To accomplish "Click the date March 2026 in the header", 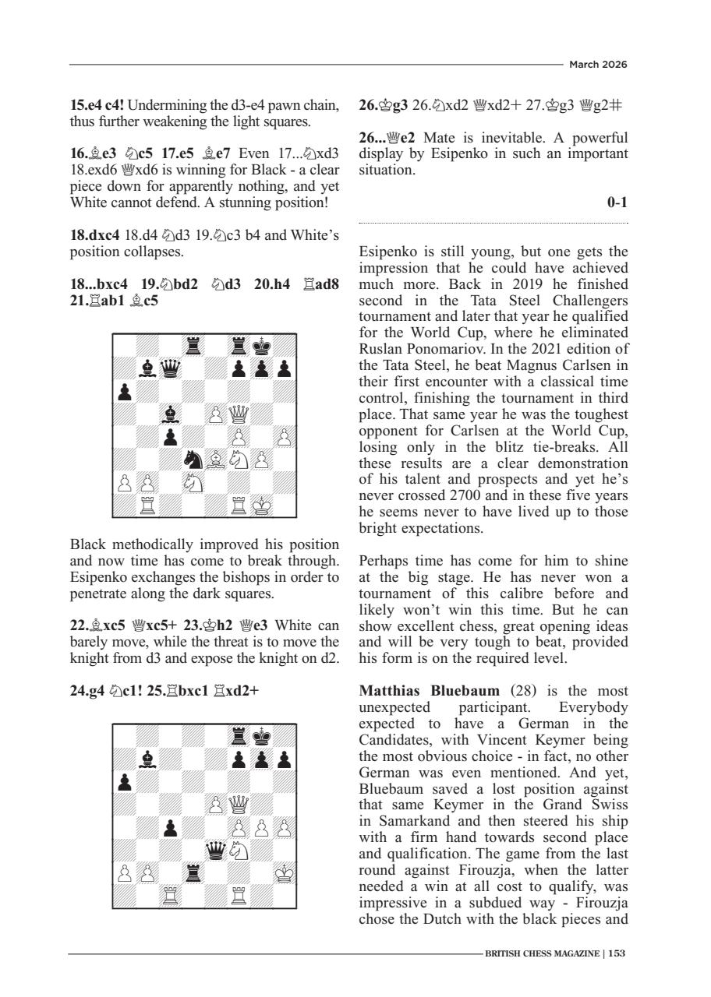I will point(598,64).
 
